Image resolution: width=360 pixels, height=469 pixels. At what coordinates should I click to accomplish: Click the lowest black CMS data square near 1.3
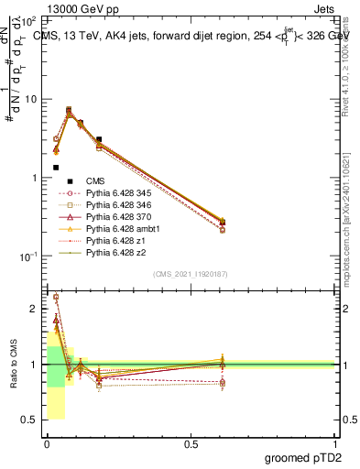tap(56, 168)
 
